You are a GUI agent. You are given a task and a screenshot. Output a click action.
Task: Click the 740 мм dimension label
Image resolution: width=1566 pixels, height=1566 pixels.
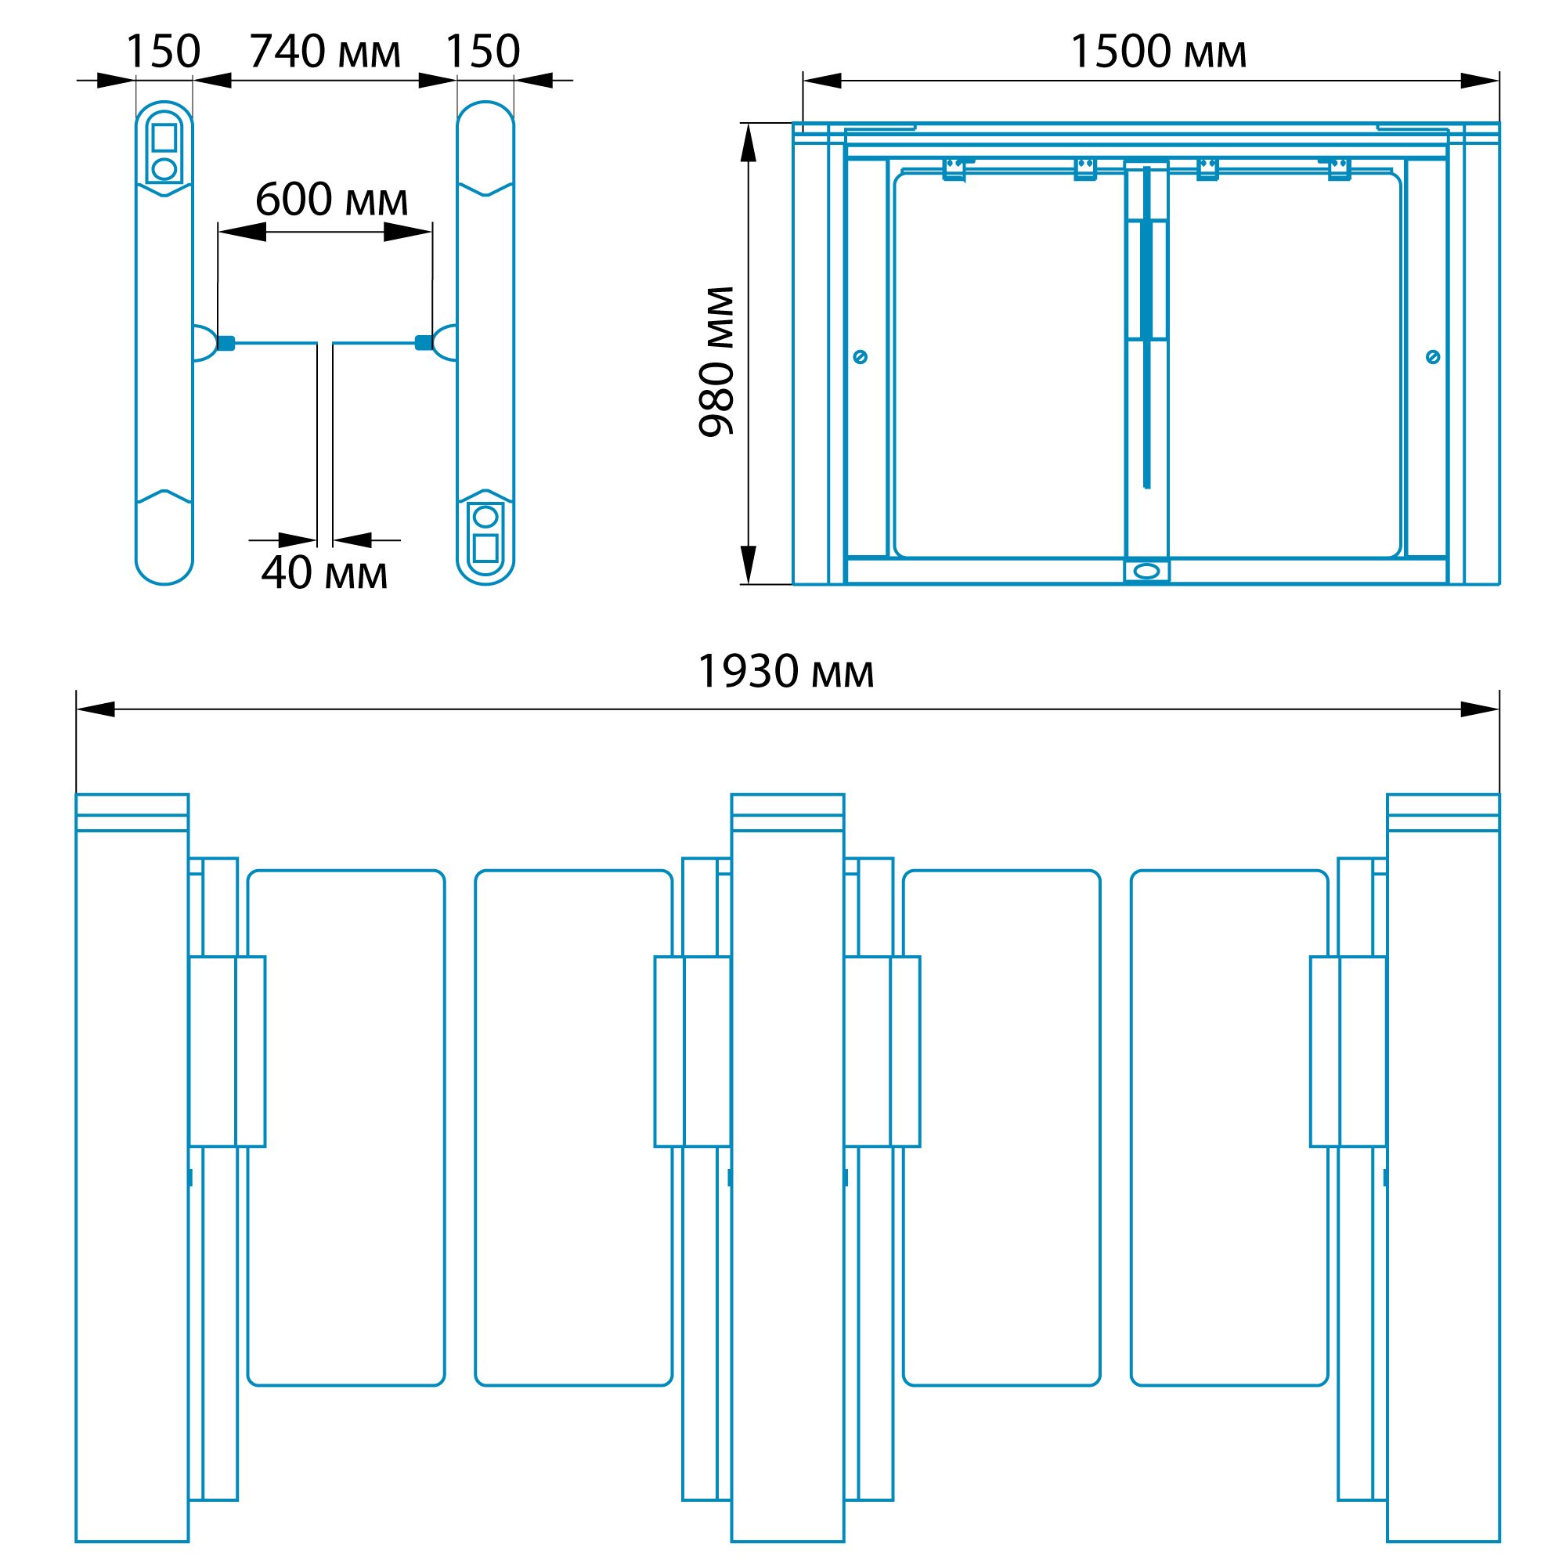325,52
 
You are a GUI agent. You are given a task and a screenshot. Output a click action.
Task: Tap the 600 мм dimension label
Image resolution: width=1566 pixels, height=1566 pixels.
331,200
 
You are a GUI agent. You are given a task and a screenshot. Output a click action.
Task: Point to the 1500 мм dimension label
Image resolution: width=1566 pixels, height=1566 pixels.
1158,52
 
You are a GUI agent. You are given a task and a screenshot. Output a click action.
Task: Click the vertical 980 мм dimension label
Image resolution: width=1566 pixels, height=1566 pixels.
716,362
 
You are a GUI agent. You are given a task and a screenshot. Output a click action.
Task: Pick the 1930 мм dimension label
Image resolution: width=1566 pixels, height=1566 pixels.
785,672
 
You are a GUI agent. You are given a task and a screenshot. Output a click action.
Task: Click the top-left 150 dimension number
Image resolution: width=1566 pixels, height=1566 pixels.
163,52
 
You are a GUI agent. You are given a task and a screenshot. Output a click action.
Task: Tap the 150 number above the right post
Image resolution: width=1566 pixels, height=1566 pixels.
483,52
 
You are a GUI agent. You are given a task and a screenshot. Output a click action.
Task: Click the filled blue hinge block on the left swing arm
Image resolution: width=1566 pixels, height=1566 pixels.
226,343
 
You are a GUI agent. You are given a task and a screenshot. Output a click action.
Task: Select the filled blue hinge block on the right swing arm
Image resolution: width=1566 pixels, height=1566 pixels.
423,343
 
